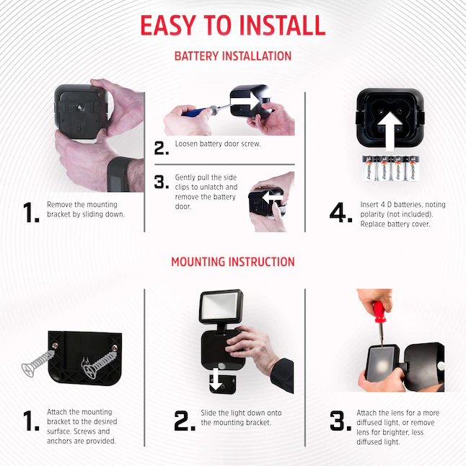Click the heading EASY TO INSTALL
coord(233,25)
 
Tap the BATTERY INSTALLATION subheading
coord(233,56)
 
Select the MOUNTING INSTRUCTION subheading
coord(233,262)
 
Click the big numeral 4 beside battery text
coord(340,212)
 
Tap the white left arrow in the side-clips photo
coord(273,198)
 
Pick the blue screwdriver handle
coord(195,111)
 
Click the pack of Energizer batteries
coord(391,168)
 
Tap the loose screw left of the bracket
coord(38,363)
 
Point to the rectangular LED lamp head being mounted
coord(221,307)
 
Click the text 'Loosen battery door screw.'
coord(218,144)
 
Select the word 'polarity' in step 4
coord(372,214)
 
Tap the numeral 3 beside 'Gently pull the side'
coord(162,182)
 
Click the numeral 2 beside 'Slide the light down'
coord(185,421)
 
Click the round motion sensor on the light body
coord(221,366)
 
